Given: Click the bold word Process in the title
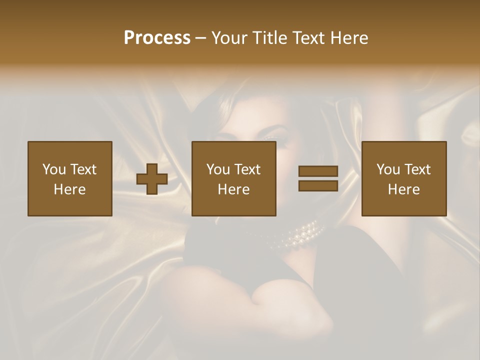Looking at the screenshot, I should [x=157, y=38].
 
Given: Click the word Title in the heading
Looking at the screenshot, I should [x=269, y=38].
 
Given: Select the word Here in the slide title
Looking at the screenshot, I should [x=349, y=38].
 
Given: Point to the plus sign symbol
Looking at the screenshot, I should [x=152, y=178].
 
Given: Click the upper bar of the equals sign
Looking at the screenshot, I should [x=318, y=171].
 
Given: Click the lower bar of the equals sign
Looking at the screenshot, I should [x=318, y=186].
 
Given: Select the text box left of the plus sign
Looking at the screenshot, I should [x=70, y=178].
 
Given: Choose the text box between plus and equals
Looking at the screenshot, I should [x=234, y=178].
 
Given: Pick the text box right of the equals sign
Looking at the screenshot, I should [x=404, y=178].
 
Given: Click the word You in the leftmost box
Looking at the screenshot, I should [x=53, y=169].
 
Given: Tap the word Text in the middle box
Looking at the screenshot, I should [x=247, y=169].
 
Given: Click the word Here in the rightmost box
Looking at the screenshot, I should [x=404, y=189].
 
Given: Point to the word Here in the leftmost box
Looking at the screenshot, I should [x=70, y=189].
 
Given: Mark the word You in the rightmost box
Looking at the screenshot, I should [x=387, y=169].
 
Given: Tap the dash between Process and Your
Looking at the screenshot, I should [x=200, y=38].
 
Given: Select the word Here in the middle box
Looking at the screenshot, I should [x=234, y=189].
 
